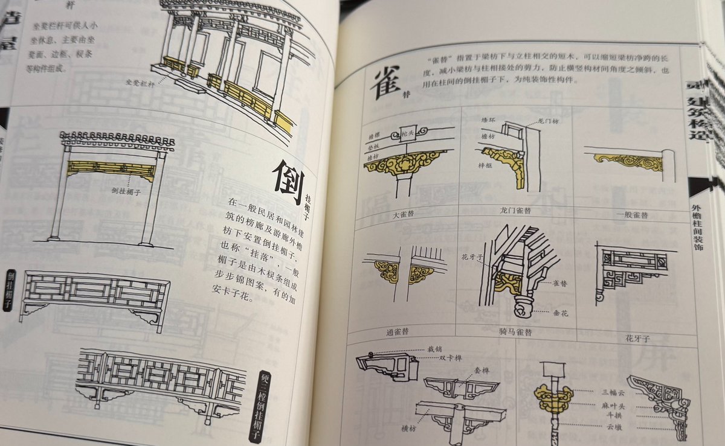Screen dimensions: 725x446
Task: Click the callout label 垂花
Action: point(558,314)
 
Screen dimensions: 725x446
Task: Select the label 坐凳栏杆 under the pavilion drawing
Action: point(138,82)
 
